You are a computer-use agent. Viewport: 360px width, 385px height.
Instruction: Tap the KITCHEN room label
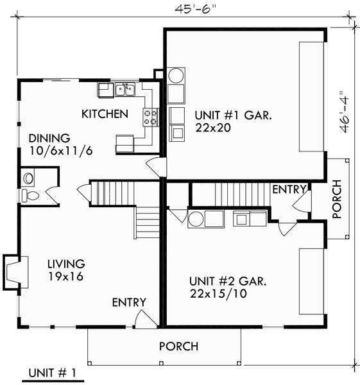104,114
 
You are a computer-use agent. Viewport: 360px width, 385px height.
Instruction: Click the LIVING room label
66,264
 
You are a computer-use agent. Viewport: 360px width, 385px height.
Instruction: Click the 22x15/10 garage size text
217,294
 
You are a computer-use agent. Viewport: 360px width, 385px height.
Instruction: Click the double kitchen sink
125,90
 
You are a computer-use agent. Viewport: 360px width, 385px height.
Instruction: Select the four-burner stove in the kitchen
151,116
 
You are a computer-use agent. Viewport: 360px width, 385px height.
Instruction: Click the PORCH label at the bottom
178,346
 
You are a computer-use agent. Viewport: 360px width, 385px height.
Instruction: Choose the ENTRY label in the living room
129,302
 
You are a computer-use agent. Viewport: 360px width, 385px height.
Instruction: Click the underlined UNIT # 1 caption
53,373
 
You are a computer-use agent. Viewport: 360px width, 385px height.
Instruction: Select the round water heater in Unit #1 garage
176,76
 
